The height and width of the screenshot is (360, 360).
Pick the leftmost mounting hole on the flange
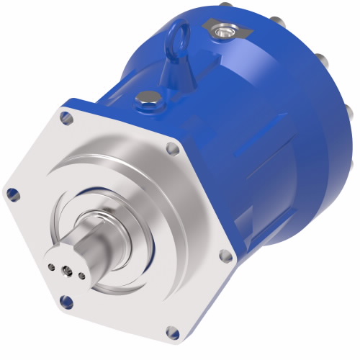pos(12,192)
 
